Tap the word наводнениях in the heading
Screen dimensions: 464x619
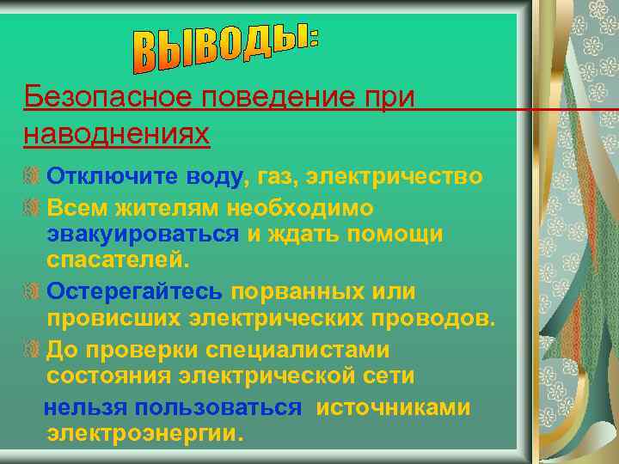pos(117,134)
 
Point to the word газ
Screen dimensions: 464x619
pos(273,177)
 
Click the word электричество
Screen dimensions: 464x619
pos(395,177)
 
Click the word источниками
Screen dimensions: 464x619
pos(393,407)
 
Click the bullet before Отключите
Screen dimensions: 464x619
pos(32,178)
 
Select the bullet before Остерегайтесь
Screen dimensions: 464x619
pos(32,293)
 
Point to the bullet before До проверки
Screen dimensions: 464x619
pos(32,351)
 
